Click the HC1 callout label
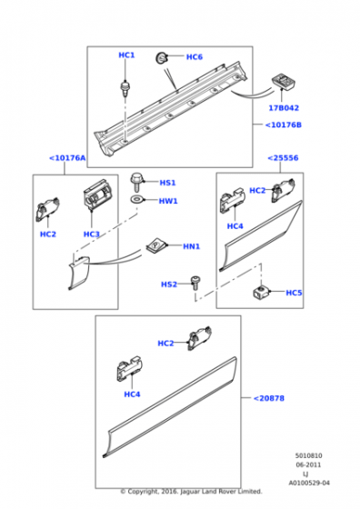click(x=126, y=55)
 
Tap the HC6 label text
click(x=195, y=57)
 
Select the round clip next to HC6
click(x=161, y=58)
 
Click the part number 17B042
click(x=284, y=108)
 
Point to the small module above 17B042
click(x=283, y=81)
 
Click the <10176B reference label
click(x=283, y=125)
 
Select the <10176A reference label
click(x=67, y=158)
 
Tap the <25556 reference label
click(x=283, y=158)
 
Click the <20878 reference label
click(x=268, y=398)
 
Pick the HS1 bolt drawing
click(x=136, y=183)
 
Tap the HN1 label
click(x=191, y=246)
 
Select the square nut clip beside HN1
click(x=156, y=245)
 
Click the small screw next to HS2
click(x=195, y=283)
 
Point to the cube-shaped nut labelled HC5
click(x=260, y=291)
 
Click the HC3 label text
click(x=91, y=235)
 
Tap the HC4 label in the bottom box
click(x=132, y=394)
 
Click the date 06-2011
click(x=308, y=464)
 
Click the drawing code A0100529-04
click(x=309, y=483)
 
